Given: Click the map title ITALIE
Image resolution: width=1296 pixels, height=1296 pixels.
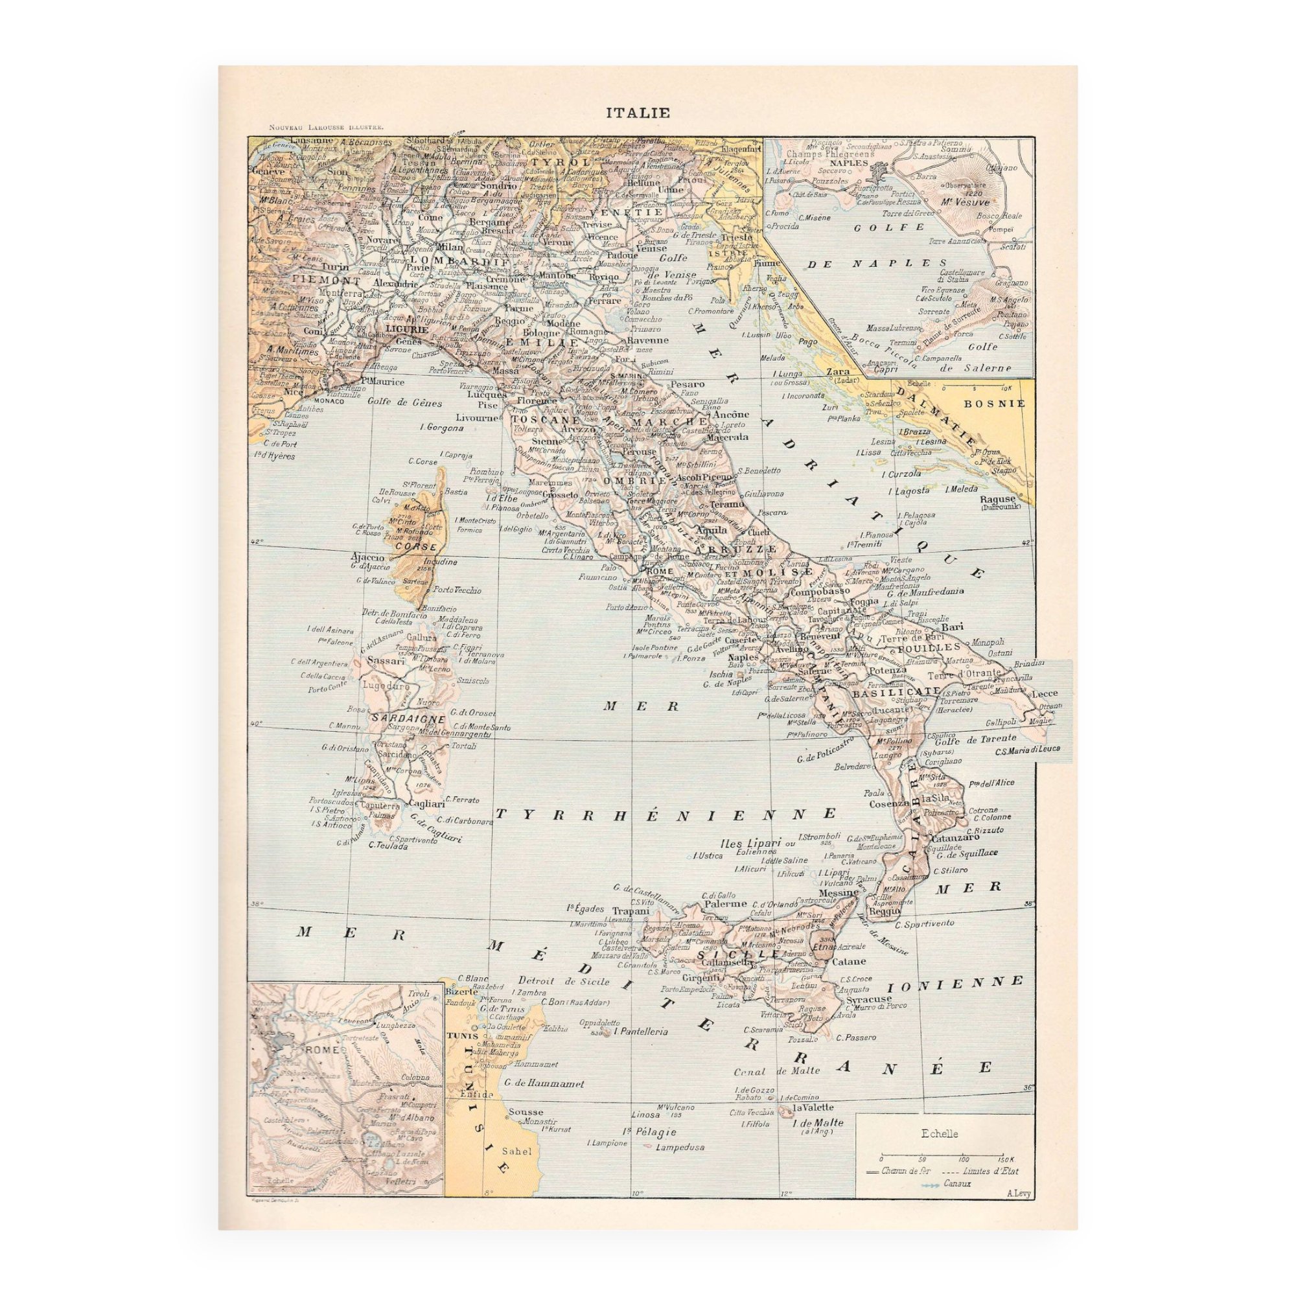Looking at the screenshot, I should [x=638, y=113].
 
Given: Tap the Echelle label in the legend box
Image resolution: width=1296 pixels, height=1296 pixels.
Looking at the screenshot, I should [x=940, y=1133].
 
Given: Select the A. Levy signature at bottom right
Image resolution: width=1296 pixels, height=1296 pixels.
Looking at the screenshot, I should [x=1018, y=1193].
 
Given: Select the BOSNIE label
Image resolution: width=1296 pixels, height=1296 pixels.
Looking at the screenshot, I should [x=995, y=404].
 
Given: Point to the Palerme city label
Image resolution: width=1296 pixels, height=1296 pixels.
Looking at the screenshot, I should [x=724, y=903].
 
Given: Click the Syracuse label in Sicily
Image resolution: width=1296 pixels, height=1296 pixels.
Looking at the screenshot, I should [x=869, y=999].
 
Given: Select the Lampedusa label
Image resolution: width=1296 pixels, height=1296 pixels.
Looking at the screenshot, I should [x=681, y=1147].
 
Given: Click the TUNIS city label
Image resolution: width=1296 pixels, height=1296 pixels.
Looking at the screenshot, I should [x=461, y=1035].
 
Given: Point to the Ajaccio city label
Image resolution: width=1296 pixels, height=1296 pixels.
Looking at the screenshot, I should [x=367, y=557].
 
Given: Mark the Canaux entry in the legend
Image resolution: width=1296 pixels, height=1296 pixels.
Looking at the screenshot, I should [x=956, y=1183].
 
